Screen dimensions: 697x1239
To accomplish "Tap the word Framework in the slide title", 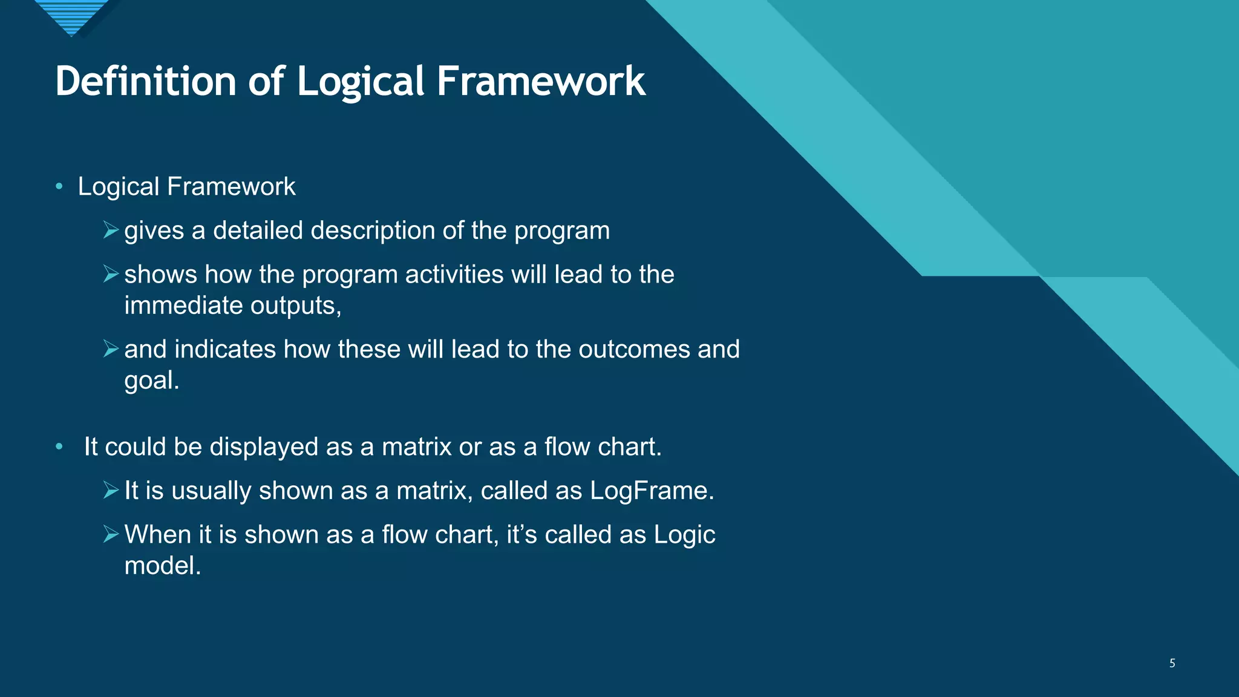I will point(540,81).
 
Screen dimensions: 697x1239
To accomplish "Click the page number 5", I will point(1172,663).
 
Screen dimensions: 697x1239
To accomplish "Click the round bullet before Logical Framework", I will point(59,186).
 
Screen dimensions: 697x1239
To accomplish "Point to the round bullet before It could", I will point(59,447).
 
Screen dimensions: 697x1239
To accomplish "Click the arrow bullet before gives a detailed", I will point(110,231).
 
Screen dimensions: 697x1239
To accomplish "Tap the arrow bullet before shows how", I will point(110,275).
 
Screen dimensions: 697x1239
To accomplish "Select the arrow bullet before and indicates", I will point(110,349).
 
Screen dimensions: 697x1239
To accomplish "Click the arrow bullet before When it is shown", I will point(110,535).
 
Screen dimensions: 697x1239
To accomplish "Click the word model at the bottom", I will point(161,566).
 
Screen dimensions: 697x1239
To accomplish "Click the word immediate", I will point(183,306).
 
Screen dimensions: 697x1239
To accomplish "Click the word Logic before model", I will point(684,535).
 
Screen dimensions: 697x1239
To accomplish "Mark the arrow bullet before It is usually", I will point(110,491).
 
